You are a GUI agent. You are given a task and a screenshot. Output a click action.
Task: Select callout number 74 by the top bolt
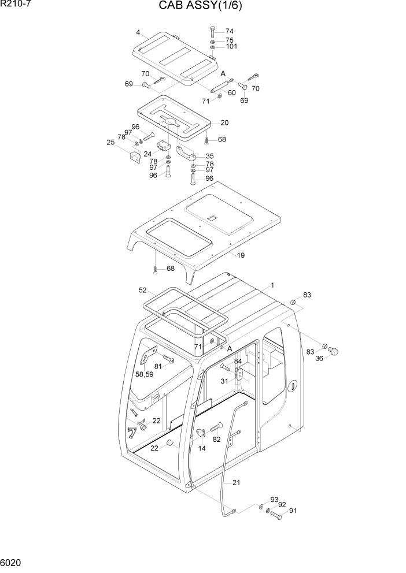[x=230, y=31]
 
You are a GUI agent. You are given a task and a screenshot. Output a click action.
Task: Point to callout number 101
[x=232, y=47]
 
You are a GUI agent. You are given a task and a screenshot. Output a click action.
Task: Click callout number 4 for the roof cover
[x=138, y=32]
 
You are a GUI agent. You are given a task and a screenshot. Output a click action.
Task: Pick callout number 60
[x=231, y=92]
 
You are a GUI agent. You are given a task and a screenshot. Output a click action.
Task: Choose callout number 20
[x=224, y=122]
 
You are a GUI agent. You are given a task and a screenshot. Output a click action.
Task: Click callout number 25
[x=110, y=142]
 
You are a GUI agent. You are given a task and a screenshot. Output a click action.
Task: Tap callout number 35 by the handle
[x=209, y=156]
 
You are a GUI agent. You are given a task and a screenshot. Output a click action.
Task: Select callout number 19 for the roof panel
[x=241, y=255]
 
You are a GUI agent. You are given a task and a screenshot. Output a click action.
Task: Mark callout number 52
[x=142, y=290]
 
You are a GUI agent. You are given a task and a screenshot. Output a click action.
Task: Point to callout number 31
[x=224, y=381]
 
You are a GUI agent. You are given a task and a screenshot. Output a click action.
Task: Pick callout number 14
[x=202, y=448]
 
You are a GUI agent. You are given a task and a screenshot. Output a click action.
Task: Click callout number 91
[x=293, y=511]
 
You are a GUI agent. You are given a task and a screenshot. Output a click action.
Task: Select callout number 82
[x=217, y=440]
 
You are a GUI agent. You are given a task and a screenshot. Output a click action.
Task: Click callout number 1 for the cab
[x=272, y=285]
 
